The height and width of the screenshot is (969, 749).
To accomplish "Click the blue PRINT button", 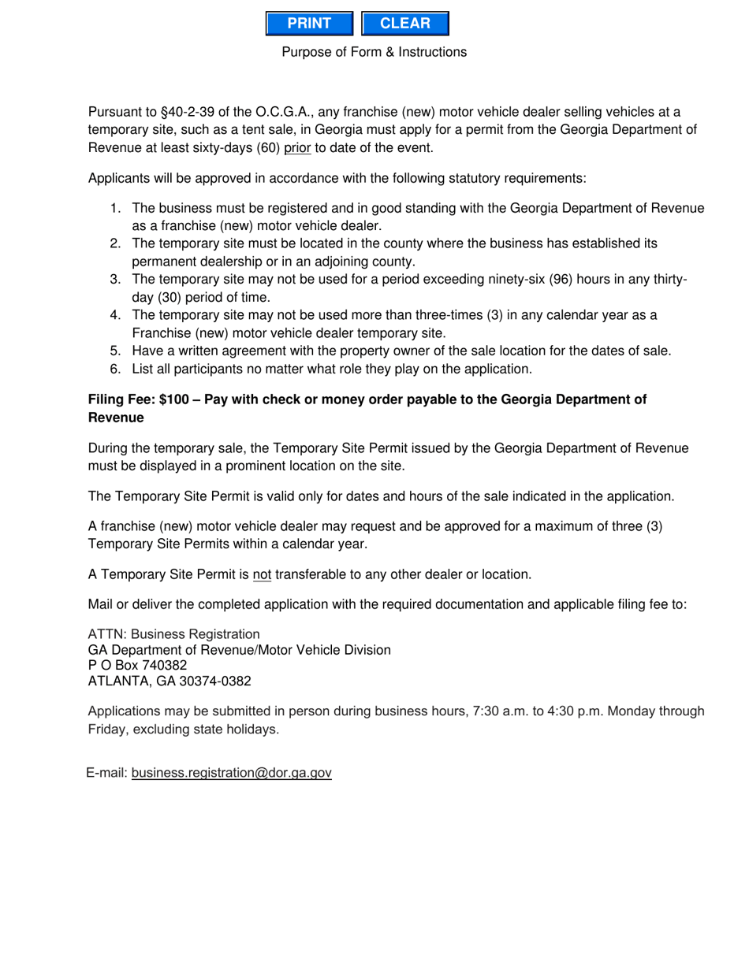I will click(309, 24).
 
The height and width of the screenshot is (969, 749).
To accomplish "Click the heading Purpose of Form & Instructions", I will click(374, 52).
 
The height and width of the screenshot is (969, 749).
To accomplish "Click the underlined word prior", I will click(297, 147).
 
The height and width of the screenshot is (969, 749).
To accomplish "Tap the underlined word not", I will click(262, 574).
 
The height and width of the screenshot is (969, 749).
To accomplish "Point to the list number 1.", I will click(115, 208).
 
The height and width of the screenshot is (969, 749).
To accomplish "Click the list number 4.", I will click(115, 315).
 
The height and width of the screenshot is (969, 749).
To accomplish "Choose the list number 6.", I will click(115, 369).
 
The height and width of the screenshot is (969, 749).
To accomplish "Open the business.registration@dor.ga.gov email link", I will click(232, 773).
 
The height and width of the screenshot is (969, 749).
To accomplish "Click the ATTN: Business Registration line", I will click(173, 634).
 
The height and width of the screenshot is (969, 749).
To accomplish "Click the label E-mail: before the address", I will click(107, 773).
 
